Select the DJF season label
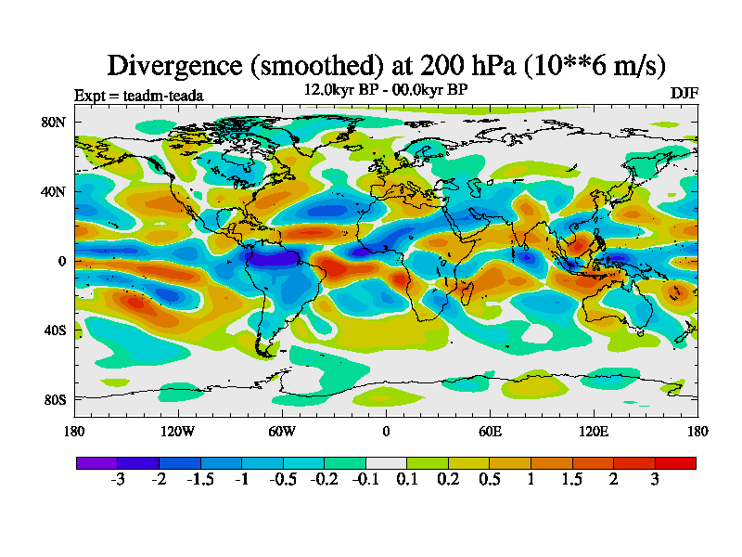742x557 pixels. coord(684,94)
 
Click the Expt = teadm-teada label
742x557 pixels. coord(138,95)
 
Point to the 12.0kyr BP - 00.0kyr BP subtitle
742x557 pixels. coord(386,89)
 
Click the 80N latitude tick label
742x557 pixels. coord(52,122)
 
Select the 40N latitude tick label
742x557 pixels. coord(52,191)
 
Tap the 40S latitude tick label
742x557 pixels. coord(53,330)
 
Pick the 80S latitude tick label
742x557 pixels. coord(53,399)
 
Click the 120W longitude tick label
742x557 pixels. coord(178,431)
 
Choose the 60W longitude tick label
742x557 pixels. coord(282,431)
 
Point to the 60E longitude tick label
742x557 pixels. coord(490,431)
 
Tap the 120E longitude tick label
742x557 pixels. coord(594,431)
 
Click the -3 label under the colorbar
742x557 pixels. coord(118,479)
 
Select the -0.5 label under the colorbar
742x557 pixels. coord(283,479)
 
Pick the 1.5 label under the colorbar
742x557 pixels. coord(572,479)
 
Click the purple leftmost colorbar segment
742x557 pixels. coord(96,461)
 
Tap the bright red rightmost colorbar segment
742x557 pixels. coord(675,461)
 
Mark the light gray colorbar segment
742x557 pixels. coord(386,461)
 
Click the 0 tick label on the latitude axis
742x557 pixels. coord(61,261)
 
